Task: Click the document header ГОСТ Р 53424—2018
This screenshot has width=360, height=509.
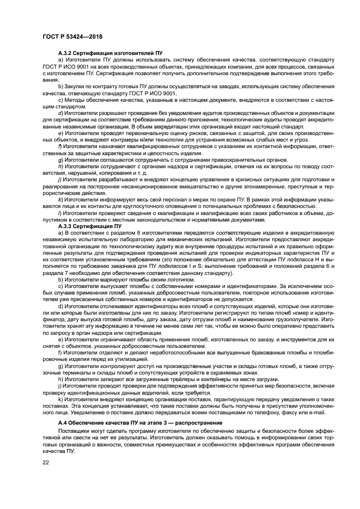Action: click(x=65, y=37)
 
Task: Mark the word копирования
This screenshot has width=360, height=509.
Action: click(x=109, y=172)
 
